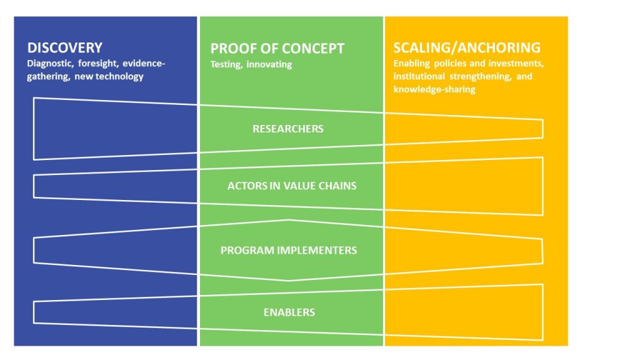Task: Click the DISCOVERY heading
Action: click(64, 47)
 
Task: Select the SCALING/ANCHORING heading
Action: click(466, 47)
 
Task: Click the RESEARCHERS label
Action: click(287, 129)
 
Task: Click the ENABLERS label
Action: click(289, 312)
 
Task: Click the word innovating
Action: click(269, 64)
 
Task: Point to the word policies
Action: click(449, 64)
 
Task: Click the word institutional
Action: click(419, 76)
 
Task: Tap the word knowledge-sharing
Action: click(434, 89)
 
